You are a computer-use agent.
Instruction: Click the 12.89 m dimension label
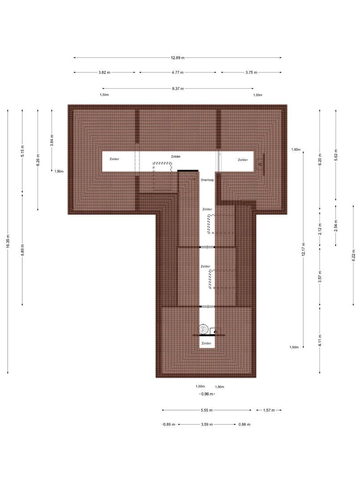click(177, 58)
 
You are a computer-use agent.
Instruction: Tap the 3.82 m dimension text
click(105, 72)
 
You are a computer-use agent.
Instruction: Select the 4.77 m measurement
click(177, 72)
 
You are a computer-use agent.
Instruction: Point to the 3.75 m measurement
click(251, 72)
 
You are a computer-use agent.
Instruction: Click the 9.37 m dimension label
click(178, 88)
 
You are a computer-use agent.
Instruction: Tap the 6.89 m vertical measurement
click(23, 250)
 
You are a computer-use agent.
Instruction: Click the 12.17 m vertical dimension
click(304, 249)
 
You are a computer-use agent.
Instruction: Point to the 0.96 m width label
click(207, 395)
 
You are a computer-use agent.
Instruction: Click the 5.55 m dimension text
click(206, 410)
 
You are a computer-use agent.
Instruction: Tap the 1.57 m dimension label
click(269, 410)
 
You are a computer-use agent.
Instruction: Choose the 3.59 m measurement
click(206, 424)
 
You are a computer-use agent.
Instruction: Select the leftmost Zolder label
click(115, 159)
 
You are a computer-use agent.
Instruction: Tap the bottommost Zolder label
click(206, 343)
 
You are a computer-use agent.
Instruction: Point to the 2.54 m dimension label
click(336, 226)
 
